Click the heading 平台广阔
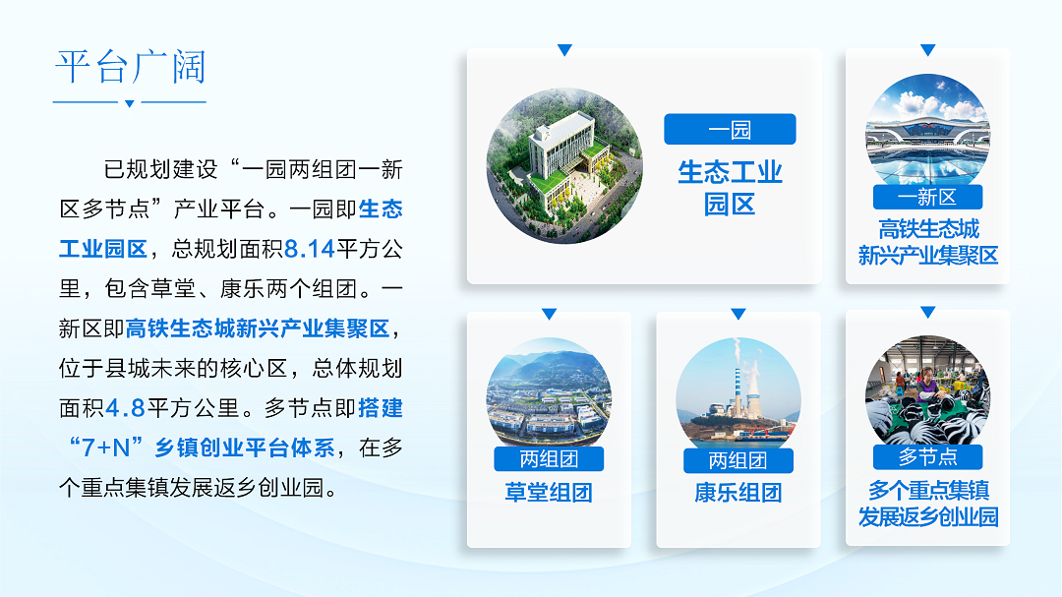click(x=131, y=67)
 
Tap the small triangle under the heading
click(x=130, y=103)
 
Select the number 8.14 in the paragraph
click(x=310, y=249)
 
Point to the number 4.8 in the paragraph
click(x=125, y=408)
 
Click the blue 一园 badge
click(x=730, y=129)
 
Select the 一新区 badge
click(x=927, y=197)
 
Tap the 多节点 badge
click(x=927, y=456)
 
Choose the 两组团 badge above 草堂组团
click(x=549, y=458)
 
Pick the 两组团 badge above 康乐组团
click(x=737, y=461)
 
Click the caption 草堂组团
click(x=549, y=492)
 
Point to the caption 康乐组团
click(x=737, y=492)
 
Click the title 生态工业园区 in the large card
click(x=730, y=188)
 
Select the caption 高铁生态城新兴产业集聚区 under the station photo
click(x=928, y=242)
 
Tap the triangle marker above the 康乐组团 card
click(x=738, y=314)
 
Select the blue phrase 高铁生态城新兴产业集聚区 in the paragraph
click(x=258, y=328)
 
